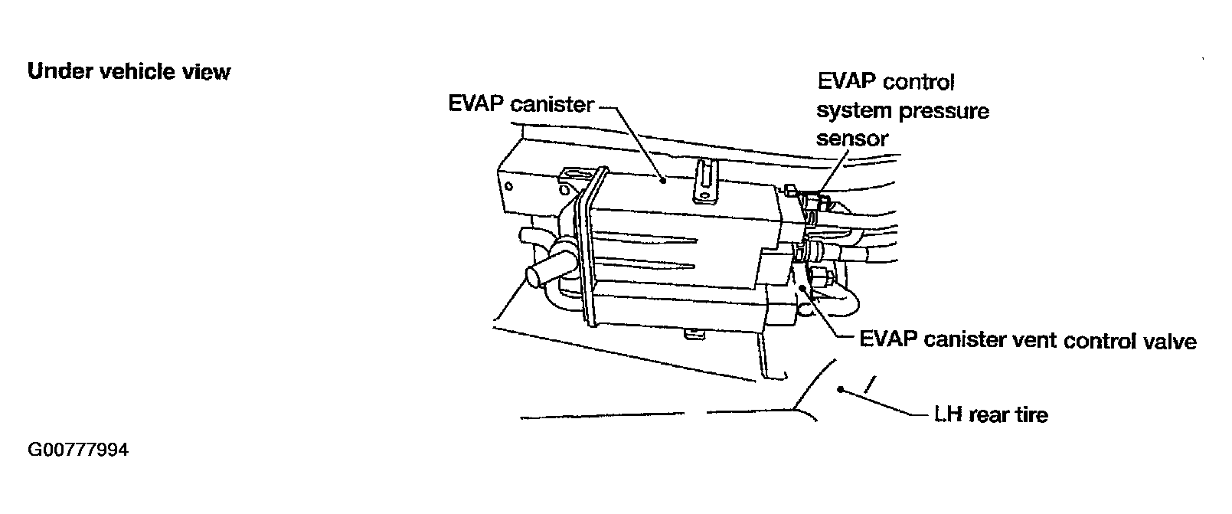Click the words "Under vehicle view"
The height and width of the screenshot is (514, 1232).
129,72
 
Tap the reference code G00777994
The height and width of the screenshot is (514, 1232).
78,450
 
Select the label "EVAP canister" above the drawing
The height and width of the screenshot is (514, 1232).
521,103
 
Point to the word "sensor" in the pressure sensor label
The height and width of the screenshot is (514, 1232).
851,139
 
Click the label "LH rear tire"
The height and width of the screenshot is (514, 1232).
991,415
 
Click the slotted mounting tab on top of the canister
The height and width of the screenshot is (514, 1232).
706,182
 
